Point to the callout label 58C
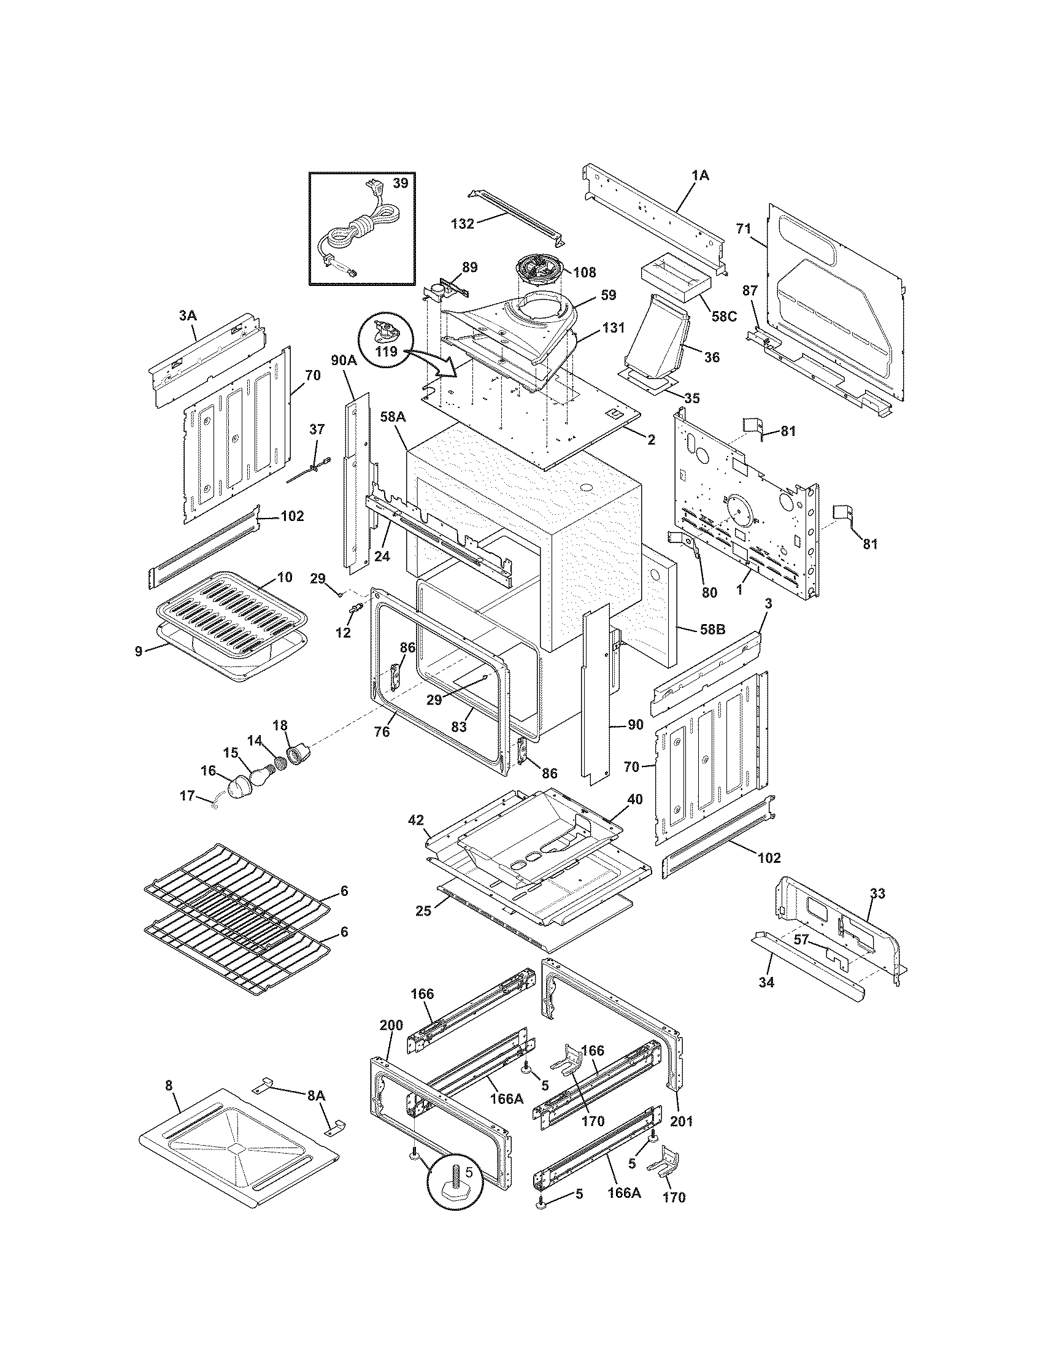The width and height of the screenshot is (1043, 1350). click(723, 316)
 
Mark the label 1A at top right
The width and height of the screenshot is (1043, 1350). click(700, 175)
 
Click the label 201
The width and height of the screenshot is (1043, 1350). click(682, 1120)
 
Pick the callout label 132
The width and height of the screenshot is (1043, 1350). click(462, 224)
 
